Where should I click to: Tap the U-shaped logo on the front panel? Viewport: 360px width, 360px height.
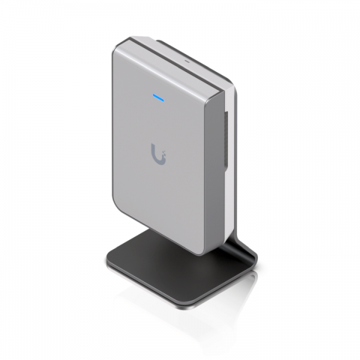pos(158,153)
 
